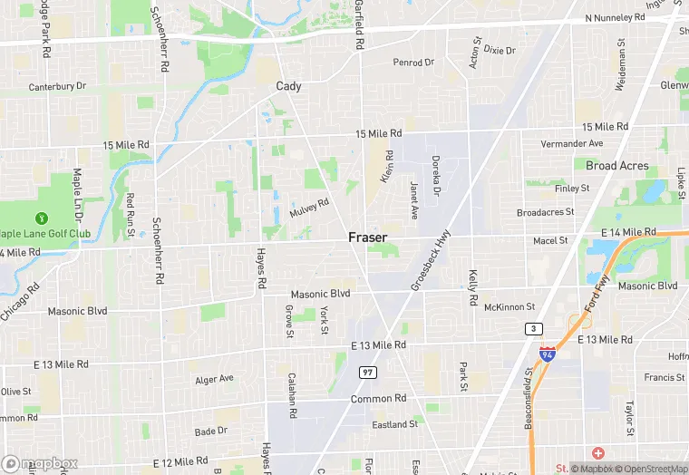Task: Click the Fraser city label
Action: (x=367, y=237)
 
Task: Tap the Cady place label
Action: (x=288, y=86)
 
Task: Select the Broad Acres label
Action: (x=617, y=166)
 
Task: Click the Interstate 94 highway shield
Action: (x=548, y=354)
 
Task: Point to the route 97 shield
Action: (x=367, y=372)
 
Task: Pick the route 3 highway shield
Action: (x=534, y=328)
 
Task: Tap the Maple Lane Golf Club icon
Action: (x=41, y=218)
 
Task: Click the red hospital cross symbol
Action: (x=597, y=452)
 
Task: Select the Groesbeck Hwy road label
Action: (x=431, y=259)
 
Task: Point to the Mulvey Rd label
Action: (x=308, y=208)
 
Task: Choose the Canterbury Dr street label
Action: (x=56, y=86)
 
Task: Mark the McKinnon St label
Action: (x=509, y=307)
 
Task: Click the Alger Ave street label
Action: (x=214, y=379)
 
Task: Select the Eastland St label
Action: (x=394, y=423)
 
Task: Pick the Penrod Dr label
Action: (x=413, y=63)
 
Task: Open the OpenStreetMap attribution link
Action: (x=649, y=469)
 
